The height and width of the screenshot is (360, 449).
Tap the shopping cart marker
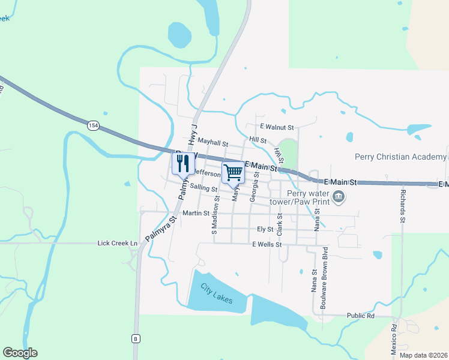[x=233, y=172]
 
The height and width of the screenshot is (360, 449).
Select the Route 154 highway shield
[x=92, y=125]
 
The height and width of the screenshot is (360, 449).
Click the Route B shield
[x=136, y=338]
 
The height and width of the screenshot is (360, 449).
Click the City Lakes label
[x=216, y=293]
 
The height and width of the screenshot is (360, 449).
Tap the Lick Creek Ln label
[x=118, y=243]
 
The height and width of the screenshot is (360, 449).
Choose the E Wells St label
[x=267, y=244]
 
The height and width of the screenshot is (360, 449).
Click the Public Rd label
[x=361, y=316]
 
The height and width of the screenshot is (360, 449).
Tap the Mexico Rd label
[x=394, y=338]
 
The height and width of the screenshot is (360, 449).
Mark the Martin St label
[x=196, y=213]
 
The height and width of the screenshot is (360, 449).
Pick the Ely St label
[x=265, y=229]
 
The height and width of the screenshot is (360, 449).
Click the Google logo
[x=20, y=353]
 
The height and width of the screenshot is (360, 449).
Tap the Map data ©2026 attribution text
[x=423, y=355]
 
